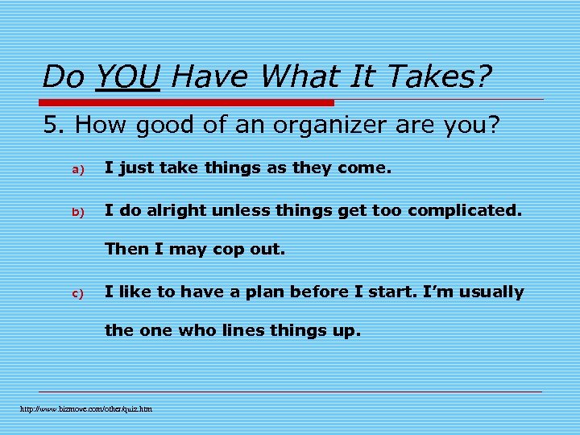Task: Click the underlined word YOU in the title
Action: pos(126,77)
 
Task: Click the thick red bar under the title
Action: pos(187,103)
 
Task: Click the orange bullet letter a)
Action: pos(78,170)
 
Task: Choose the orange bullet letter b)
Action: pos(78,213)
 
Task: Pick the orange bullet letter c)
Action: pos(78,293)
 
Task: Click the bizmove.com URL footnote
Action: pos(86,409)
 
